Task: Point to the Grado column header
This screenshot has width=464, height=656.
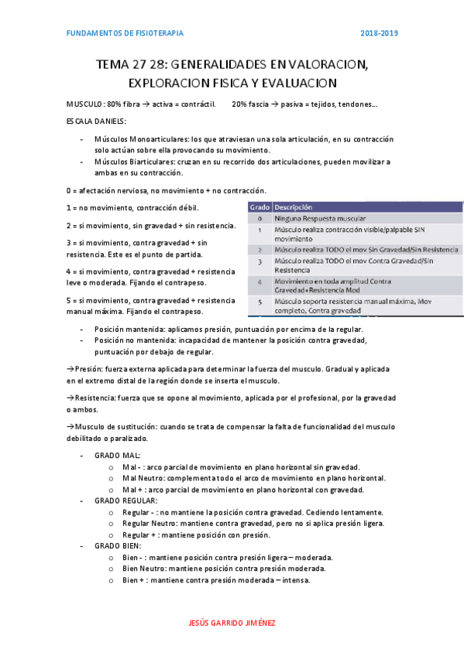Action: (x=259, y=207)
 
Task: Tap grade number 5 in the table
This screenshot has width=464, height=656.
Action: (x=259, y=302)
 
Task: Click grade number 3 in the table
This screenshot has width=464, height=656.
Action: (x=259, y=264)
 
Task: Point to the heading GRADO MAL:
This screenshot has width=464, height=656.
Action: (x=117, y=456)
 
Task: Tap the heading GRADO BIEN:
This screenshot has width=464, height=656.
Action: (x=118, y=545)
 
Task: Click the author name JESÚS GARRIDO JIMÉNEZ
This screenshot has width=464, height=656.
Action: (x=232, y=623)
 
